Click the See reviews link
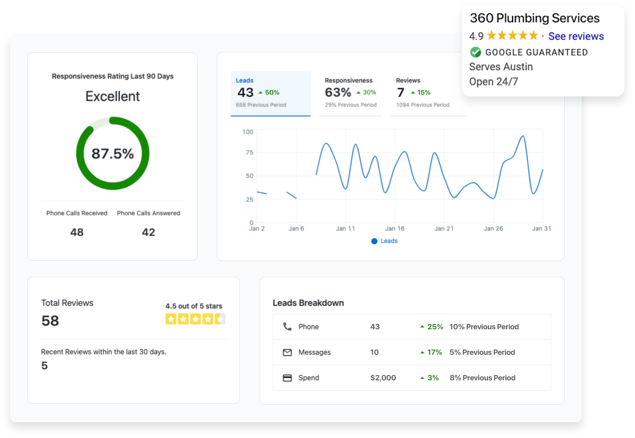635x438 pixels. pyautogui.click(x=576, y=36)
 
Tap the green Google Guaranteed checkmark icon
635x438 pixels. pyautogui.click(x=475, y=52)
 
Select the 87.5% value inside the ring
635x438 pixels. pyautogui.click(x=113, y=154)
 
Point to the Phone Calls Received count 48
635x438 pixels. pyautogui.click(x=77, y=232)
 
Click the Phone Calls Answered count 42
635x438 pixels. pyautogui.click(x=148, y=232)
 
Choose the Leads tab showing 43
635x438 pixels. pyautogui.click(x=246, y=92)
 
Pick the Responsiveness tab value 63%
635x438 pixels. pyautogui.click(x=338, y=92)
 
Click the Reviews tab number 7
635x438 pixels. pyautogui.click(x=400, y=92)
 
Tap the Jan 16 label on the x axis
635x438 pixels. pyautogui.click(x=395, y=228)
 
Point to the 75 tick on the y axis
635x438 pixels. pyautogui.click(x=250, y=152)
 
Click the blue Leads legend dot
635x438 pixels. pyautogui.click(x=374, y=241)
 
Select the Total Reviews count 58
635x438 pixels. pyautogui.click(x=50, y=321)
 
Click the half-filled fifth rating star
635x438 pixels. pyautogui.click(x=220, y=319)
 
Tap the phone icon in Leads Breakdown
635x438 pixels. pyautogui.click(x=287, y=327)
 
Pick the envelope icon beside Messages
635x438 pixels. pyautogui.click(x=287, y=352)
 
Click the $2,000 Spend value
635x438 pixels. pyautogui.click(x=383, y=378)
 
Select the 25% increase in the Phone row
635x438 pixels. pyautogui.click(x=435, y=327)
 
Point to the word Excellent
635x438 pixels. pyautogui.click(x=113, y=96)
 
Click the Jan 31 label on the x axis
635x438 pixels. pyautogui.click(x=541, y=228)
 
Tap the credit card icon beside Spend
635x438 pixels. pyautogui.click(x=287, y=378)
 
